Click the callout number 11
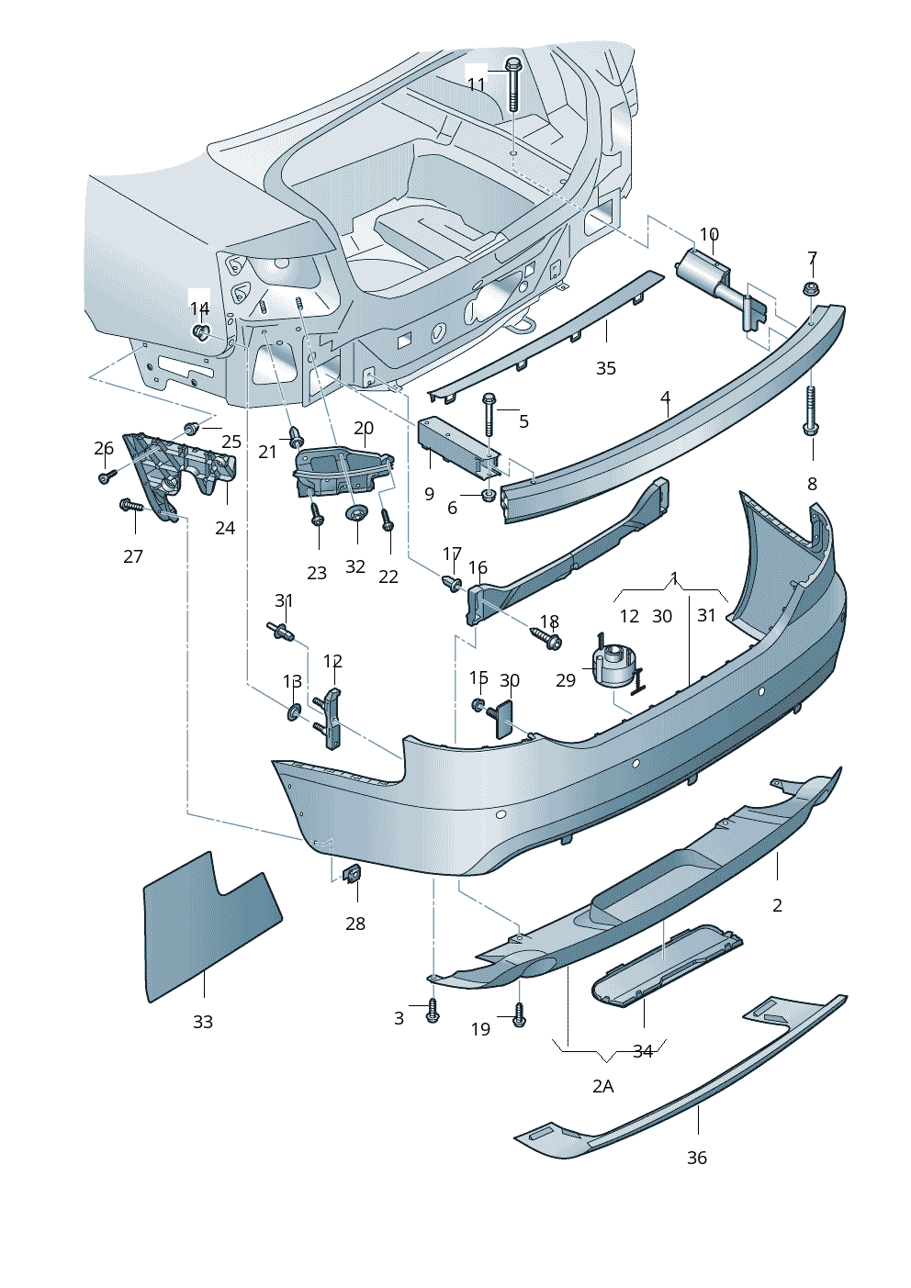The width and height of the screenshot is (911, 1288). coord(476,84)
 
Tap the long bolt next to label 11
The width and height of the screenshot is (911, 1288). coord(513,84)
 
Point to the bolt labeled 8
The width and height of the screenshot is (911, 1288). coord(811,412)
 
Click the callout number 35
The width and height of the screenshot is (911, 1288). coord(605,368)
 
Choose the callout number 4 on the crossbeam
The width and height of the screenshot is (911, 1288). coord(665,398)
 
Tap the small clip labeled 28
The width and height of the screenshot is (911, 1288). coord(351,873)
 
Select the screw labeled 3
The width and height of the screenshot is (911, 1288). coord(433,1012)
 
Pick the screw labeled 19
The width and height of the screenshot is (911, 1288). coord(519,1014)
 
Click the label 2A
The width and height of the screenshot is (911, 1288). coord(602,1086)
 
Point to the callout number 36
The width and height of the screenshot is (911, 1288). coord(697,1158)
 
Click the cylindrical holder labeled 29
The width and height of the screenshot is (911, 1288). coord(613,666)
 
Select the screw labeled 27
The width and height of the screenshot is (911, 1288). coord(132,506)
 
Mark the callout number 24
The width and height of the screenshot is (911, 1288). coord(225,528)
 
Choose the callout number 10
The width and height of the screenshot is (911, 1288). coord(709,235)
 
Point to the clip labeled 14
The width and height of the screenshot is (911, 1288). coord(202,331)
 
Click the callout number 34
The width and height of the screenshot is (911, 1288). coord(643,1051)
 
